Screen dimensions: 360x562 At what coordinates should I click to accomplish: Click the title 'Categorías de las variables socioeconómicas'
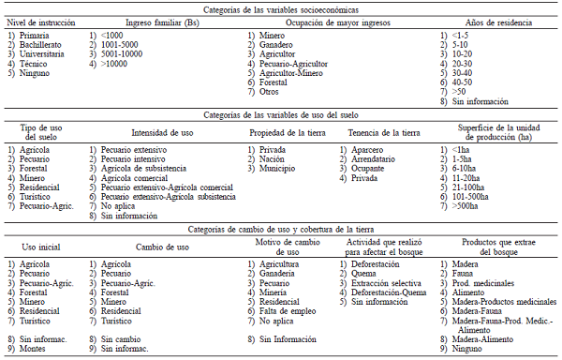(x=280, y=7)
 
